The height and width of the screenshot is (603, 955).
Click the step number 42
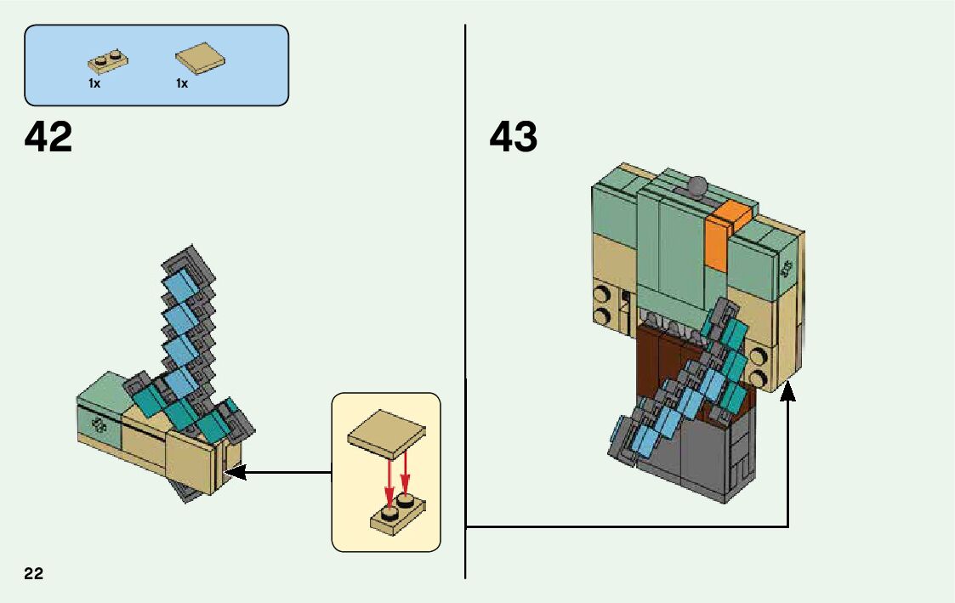pyautogui.click(x=48, y=136)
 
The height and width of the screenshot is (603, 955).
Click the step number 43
pyautogui.click(x=514, y=136)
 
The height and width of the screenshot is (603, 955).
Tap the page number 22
pyautogui.click(x=34, y=573)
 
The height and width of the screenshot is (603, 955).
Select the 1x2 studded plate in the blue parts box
pyautogui.click(x=108, y=61)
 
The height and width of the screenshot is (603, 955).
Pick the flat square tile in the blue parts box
pyautogui.click(x=201, y=58)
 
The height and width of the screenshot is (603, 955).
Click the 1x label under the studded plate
pyautogui.click(x=94, y=83)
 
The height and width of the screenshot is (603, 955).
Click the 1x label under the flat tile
pyautogui.click(x=182, y=83)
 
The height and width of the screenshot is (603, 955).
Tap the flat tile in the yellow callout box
pyautogui.click(x=387, y=434)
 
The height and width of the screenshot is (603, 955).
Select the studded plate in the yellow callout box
pyautogui.click(x=398, y=515)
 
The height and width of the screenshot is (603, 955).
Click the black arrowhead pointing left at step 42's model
pyautogui.click(x=236, y=472)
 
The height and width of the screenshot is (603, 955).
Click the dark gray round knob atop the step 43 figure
pyautogui.click(x=696, y=185)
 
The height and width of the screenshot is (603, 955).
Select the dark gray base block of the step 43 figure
pyautogui.click(x=701, y=454)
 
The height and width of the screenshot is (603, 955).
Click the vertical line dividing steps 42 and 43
pyautogui.click(x=465, y=301)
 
